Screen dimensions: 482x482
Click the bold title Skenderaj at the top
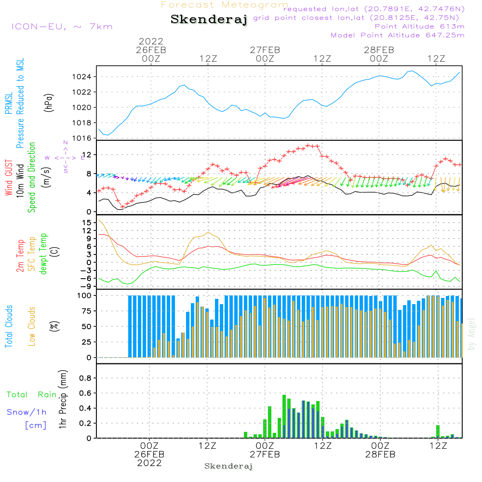209,20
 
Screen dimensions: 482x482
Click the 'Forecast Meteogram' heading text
225,5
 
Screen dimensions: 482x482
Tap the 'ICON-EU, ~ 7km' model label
62,27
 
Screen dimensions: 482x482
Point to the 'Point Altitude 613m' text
419,27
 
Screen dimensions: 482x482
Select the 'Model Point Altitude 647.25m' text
398,35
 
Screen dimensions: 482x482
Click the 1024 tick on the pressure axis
83,77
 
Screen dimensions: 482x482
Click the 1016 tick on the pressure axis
83,138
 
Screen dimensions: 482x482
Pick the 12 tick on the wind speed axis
88,154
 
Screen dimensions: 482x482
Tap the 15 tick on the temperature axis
87,223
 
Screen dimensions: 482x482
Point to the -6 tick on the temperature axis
87,278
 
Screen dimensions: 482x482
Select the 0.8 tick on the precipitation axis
85,378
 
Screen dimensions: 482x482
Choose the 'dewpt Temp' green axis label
43,254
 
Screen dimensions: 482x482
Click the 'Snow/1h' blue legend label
27,412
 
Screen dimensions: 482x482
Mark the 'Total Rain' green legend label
32,395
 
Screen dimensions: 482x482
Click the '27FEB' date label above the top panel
265,50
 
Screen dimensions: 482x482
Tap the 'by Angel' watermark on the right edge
471,334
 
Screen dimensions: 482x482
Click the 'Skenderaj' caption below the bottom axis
228,466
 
